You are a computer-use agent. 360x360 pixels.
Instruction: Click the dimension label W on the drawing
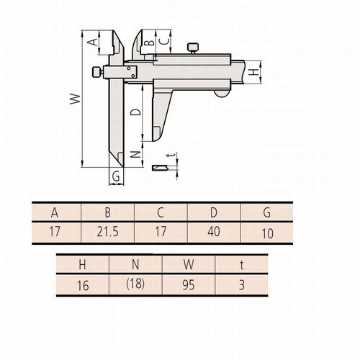coord(75,99)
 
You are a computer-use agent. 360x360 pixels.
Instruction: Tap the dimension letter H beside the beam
coord(253,72)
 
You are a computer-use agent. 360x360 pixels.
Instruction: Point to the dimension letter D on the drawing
coord(135,112)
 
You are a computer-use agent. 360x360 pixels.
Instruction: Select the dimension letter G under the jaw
coord(116,176)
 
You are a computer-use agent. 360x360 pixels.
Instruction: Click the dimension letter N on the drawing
coord(135,154)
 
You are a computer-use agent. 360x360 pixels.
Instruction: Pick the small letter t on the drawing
coord(171,155)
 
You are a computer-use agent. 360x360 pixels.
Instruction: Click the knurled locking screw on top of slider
coord(193,48)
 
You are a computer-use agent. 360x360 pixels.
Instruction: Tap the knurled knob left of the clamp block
coord(98,72)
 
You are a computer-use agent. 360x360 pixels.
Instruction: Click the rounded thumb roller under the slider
coord(222,94)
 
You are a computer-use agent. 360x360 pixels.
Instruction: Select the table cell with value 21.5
coord(108,232)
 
